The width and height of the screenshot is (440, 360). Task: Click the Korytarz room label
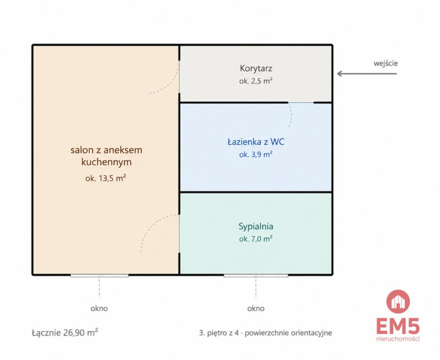pos(256,68)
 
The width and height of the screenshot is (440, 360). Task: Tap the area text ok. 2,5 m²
pos(256,81)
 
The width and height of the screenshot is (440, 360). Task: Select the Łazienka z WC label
pos(256,142)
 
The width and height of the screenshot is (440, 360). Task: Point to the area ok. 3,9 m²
pos(256,154)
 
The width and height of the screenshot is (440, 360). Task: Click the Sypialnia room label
pos(256,226)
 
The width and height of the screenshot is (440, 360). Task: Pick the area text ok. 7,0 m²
pos(256,239)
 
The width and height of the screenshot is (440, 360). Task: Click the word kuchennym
pos(107,162)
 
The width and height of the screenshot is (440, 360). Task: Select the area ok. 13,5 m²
pos(106,178)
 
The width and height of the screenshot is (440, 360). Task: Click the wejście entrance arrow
pos(367,73)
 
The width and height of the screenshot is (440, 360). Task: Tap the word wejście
pos(385,63)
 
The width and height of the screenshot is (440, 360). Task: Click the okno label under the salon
pos(99,308)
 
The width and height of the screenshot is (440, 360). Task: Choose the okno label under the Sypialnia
pos(256,308)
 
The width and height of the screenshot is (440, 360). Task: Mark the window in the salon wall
pos(99,276)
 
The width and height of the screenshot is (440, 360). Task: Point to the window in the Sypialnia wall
pos(256,276)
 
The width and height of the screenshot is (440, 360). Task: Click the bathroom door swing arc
pos(291,114)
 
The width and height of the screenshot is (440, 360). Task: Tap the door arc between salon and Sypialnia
pos(152,225)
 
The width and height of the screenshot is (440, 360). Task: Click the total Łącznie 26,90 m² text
pos(65,333)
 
